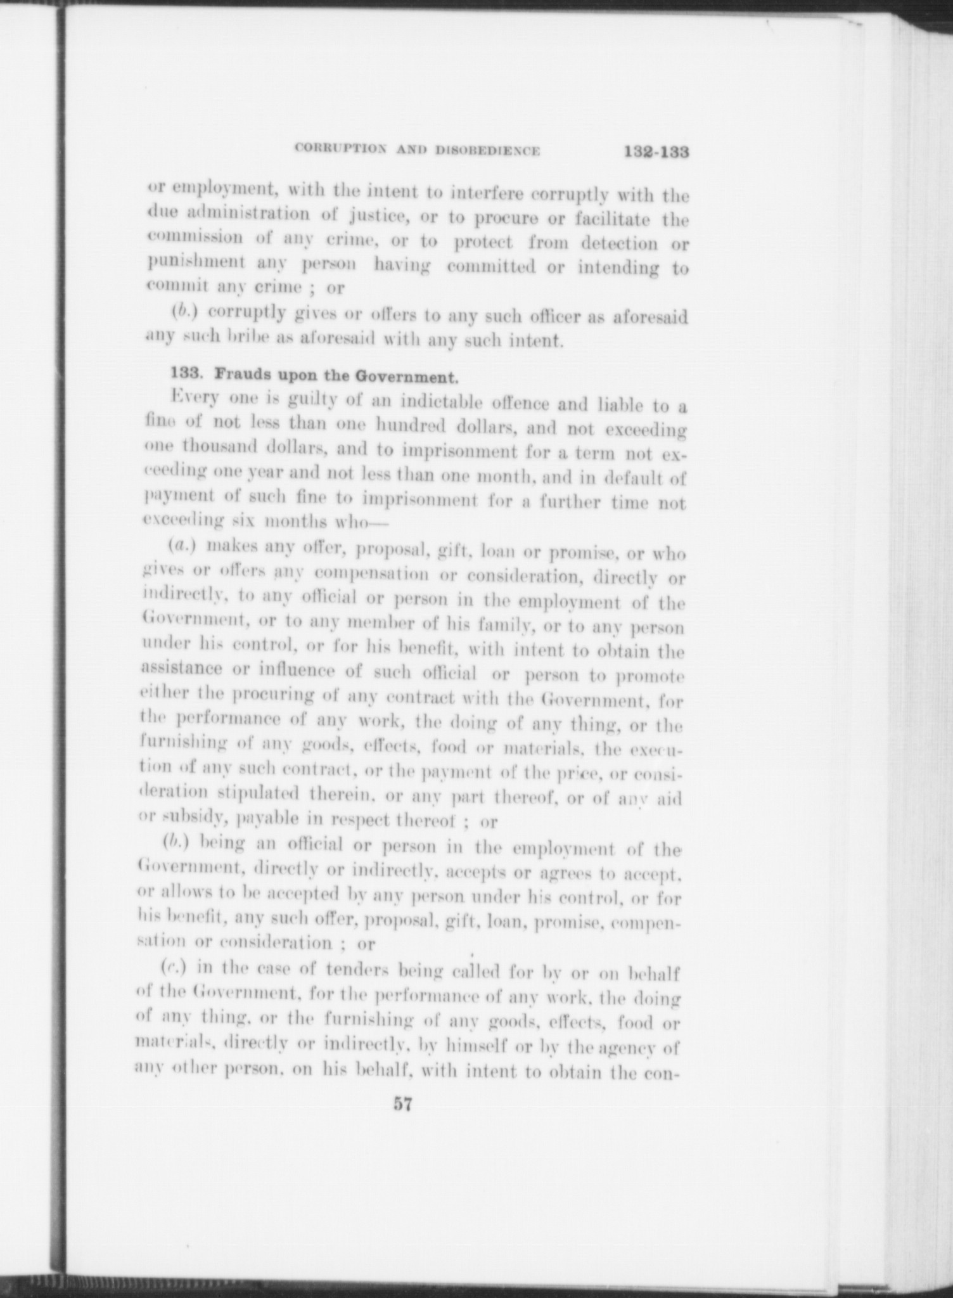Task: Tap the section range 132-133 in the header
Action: pyautogui.click(x=655, y=153)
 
